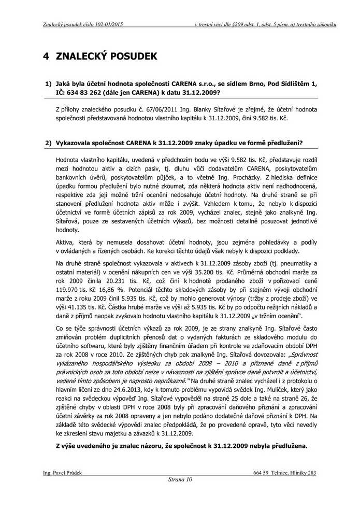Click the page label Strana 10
180,479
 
